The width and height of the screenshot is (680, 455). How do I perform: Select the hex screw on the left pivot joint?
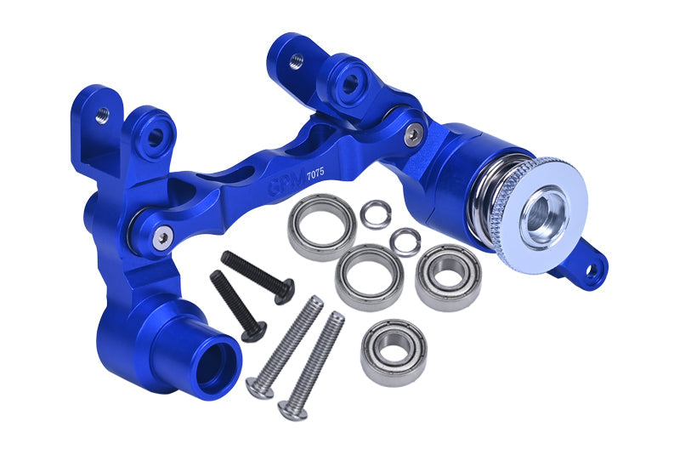pyautogui.click(x=160, y=241)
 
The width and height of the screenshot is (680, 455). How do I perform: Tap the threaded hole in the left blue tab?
pyautogui.click(x=101, y=115)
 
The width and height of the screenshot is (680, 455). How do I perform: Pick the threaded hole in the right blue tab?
pyautogui.click(x=297, y=60)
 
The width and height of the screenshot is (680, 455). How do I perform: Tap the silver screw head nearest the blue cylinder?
pyautogui.click(x=258, y=387)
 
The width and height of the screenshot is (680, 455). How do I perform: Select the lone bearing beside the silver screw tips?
pyautogui.click(x=393, y=352)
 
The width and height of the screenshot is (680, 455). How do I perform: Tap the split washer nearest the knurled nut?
pyautogui.click(x=405, y=242)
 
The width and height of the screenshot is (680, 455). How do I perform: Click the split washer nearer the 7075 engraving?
pyautogui.click(x=375, y=213)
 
